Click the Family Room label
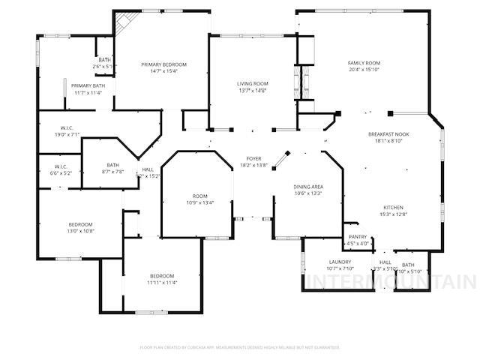click(364, 62)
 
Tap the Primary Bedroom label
click(163, 64)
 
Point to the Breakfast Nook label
click(388, 133)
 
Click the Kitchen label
click(394, 207)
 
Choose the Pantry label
click(358, 237)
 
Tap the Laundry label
click(340, 262)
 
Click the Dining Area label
click(307, 186)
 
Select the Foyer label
click(254, 159)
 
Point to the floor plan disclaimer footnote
click(240, 347)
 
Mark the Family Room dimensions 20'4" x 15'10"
click(364, 69)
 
